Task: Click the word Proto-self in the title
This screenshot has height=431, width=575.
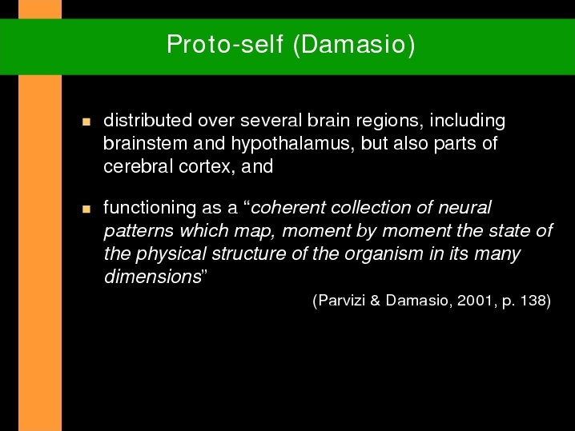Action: pyautogui.click(x=225, y=44)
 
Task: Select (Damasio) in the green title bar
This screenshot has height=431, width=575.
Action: pyautogui.click(x=354, y=45)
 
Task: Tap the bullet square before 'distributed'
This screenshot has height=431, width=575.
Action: pyautogui.click(x=86, y=122)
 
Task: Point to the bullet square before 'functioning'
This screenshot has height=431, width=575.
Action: pyautogui.click(x=86, y=209)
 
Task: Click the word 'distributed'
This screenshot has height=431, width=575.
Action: pyautogui.click(x=147, y=120)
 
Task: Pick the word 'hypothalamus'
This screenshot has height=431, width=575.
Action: pyautogui.click(x=292, y=144)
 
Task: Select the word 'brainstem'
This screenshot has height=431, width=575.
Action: pyautogui.click(x=145, y=143)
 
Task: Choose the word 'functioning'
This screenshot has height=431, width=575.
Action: pyautogui.click(x=150, y=208)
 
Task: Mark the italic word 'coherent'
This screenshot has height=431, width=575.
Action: pyautogui.click(x=288, y=208)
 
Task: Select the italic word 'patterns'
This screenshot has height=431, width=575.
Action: pyautogui.click(x=139, y=232)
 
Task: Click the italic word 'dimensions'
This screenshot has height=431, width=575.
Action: pyautogui.click(x=153, y=277)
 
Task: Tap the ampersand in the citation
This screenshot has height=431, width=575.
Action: pyautogui.click(x=375, y=301)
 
